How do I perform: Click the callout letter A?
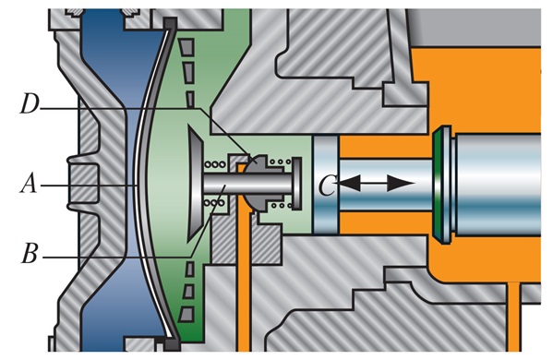coord(29,184)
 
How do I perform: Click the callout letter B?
coord(30,253)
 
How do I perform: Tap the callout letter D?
coord(30,103)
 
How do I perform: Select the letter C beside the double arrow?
coord(327,185)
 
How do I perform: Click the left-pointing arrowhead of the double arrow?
coord(348,183)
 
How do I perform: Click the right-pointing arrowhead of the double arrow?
coord(401,183)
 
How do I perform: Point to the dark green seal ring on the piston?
coord(438,185)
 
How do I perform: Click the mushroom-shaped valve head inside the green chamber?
coord(195,184)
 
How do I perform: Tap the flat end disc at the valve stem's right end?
coord(297,184)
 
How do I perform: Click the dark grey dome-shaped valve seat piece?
coord(261,184)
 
